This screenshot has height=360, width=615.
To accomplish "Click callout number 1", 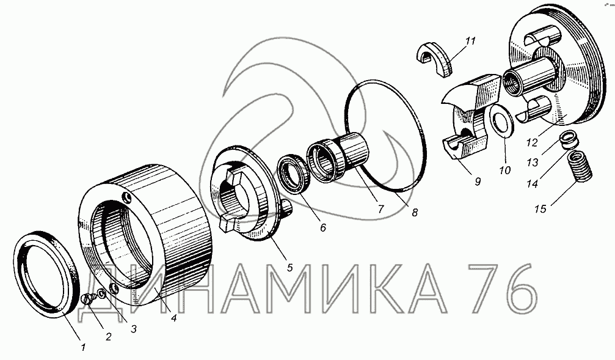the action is point(83,347).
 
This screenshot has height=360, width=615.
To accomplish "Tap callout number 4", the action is point(173,318).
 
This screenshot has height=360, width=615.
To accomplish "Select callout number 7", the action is point(380,209).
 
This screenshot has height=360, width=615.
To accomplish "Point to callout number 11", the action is point(470,41).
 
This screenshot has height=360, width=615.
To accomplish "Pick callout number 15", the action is point(540,209).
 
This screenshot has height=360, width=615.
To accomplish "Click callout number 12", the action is point(531,142).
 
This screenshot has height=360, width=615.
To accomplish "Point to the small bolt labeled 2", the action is point(87,299).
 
